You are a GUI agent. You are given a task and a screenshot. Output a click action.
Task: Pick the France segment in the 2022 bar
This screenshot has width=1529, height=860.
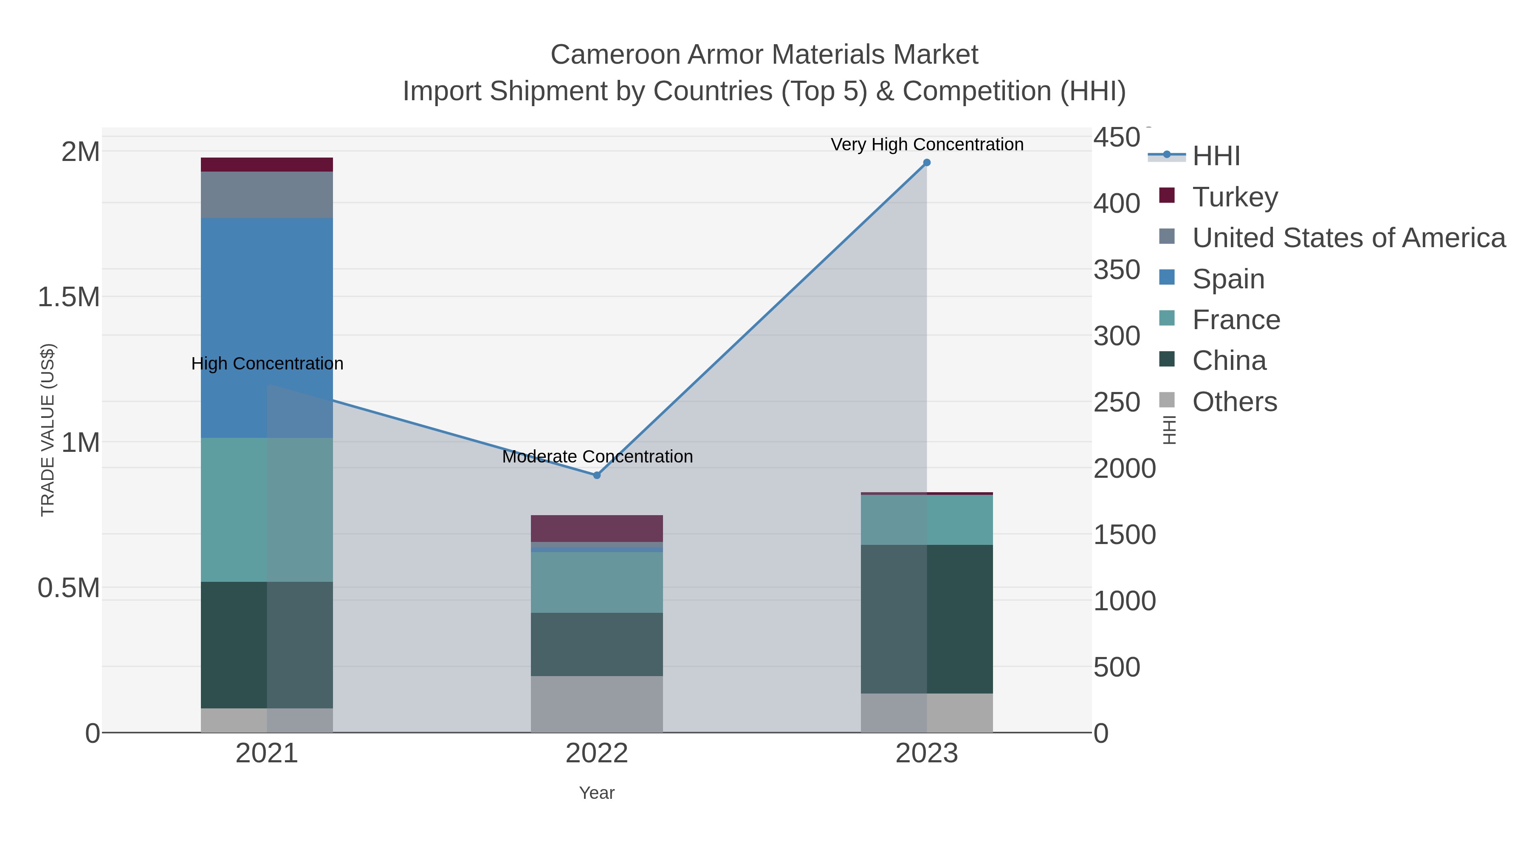click(x=597, y=582)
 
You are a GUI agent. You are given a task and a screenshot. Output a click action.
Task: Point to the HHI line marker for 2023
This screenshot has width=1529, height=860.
click(x=927, y=163)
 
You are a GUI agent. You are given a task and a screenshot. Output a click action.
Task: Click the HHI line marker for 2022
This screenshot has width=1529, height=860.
click(x=597, y=475)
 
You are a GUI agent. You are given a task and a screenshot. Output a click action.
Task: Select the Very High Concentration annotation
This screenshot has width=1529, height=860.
click(x=927, y=144)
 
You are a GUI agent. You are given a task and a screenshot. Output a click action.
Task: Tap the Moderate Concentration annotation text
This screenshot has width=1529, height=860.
click(x=597, y=457)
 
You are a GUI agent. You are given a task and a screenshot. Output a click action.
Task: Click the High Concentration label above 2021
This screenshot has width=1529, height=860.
click(x=267, y=363)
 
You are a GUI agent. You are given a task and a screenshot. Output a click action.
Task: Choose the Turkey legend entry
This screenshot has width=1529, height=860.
click(x=1235, y=197)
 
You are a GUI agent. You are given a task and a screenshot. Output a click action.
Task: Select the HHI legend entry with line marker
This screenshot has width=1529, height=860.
click(x=1216, y=155)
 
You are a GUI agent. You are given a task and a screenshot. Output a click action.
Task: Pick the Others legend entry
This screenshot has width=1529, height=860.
click(x=1235, y=402)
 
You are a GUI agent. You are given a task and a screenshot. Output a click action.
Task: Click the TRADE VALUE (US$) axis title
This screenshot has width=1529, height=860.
click(x=48, y=430)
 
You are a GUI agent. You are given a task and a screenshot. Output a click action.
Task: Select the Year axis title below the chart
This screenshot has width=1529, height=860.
click(x=597, y=793)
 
